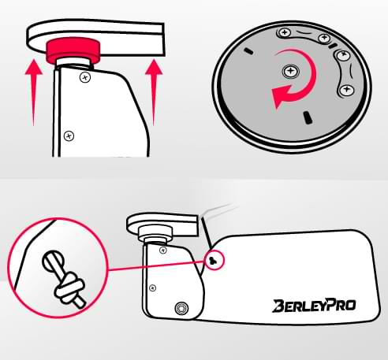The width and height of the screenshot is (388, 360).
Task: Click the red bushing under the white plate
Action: pyautogui.click(x=73, y=50)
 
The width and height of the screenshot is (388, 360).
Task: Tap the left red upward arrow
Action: pyautogui.click(x=34, y=92)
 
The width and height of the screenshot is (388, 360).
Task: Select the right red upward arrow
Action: pyautogui.click(x=154, y=92)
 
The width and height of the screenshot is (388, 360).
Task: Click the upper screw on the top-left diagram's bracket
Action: pyautogui.click(x=85, y=77)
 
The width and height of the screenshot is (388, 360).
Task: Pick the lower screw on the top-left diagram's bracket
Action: pyautogui.click(x=69, y=136)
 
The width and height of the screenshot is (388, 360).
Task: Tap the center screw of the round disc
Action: pyautogui.click(x=290, y=71)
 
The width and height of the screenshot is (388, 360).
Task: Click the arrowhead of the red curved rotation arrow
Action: pyautogui.click(x=280, y=96)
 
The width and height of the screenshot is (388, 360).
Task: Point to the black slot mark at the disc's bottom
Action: pyautogui.click(x=307, y=117)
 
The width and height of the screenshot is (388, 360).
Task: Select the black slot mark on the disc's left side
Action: pyautogui.click(x=248, y=50)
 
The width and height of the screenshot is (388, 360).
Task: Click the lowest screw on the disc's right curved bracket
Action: pyautogui.click(x=346, y=90)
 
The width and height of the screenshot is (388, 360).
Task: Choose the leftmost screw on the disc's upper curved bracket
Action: pyautogui.click(x=284, y=33)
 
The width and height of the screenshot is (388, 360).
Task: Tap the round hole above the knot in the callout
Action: pyautogui.click(x=53, y=261)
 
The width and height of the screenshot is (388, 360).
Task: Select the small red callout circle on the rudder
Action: pyautogui.click(x=215, y=260)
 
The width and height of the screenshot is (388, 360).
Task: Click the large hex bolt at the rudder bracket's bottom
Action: pyautogui.click(x=181, y=308)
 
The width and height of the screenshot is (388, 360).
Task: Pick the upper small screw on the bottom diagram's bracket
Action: pyautogui.click(x=163, y=250)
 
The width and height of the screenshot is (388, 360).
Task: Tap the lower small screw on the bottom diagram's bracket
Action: pyautogui.click(x=152, y=288)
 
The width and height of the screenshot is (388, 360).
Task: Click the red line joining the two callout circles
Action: pyautogui.click(x=157, y=265)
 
